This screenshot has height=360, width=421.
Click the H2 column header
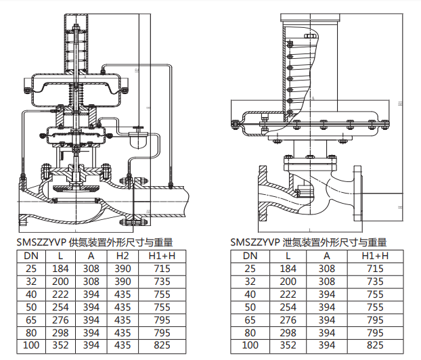(x=122, y=256)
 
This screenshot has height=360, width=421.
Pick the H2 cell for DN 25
(x=122, y=269)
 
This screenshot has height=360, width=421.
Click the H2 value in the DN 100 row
(x=122, y=344)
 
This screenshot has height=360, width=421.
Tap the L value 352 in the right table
(x=288, y=344)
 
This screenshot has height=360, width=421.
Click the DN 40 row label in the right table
(x=250, y=294)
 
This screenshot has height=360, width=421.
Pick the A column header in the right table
(x=326, y=256)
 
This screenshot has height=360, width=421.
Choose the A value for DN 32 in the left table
(x=90, y=281)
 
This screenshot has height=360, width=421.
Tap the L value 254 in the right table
(x=288, y=307)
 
